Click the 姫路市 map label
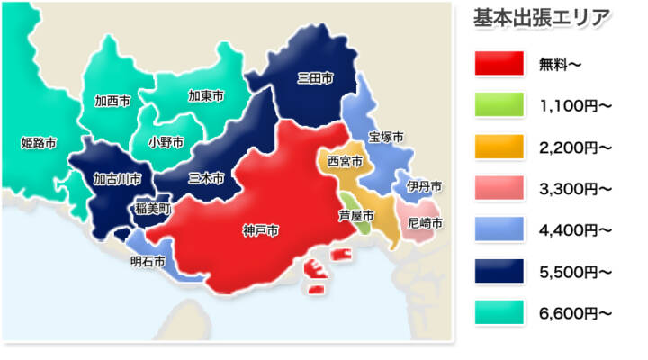[39, 142]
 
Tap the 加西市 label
[112, 101]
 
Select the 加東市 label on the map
[206, 95]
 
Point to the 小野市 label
[166, 142]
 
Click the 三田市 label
[315, 78]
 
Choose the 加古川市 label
[118, 178]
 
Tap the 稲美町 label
[152, 208]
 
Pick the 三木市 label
[206, 178]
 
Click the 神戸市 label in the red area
[260, 231]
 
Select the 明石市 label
[148, 262]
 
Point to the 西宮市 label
[345, 162]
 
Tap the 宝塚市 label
[386, 137]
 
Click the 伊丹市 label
[424, 186]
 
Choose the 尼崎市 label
[425, 221]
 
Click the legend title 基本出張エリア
[542, 17]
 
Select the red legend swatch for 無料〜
[499, 63]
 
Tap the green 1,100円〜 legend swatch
[499, 104]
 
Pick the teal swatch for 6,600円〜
[499, 312]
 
